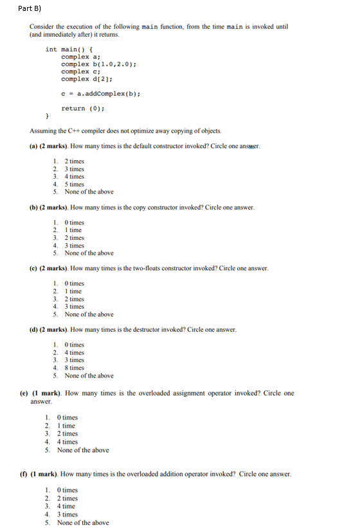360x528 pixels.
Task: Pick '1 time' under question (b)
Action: pyautogui.click(x=73, y=230)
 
